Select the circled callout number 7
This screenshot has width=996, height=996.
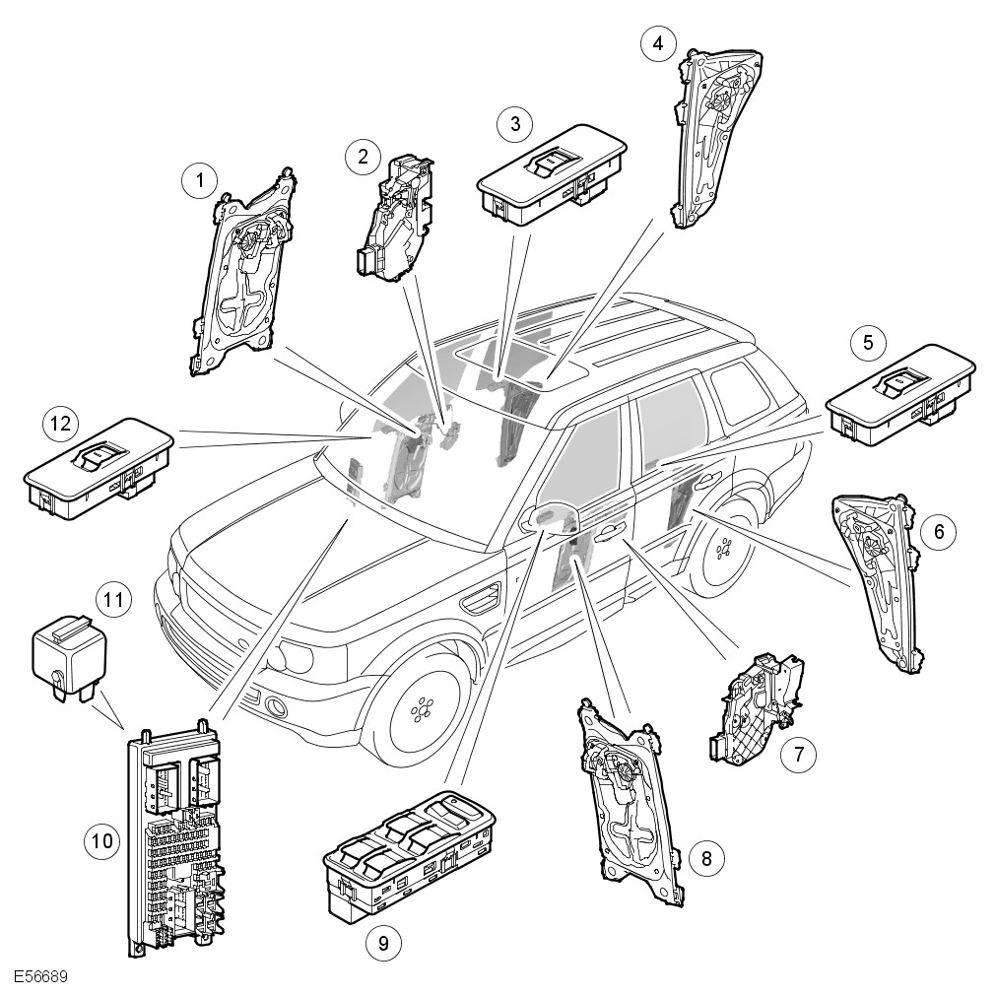point(798,756)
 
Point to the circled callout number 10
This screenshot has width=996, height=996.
point(102,841)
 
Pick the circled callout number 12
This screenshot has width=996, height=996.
point(61,425)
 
